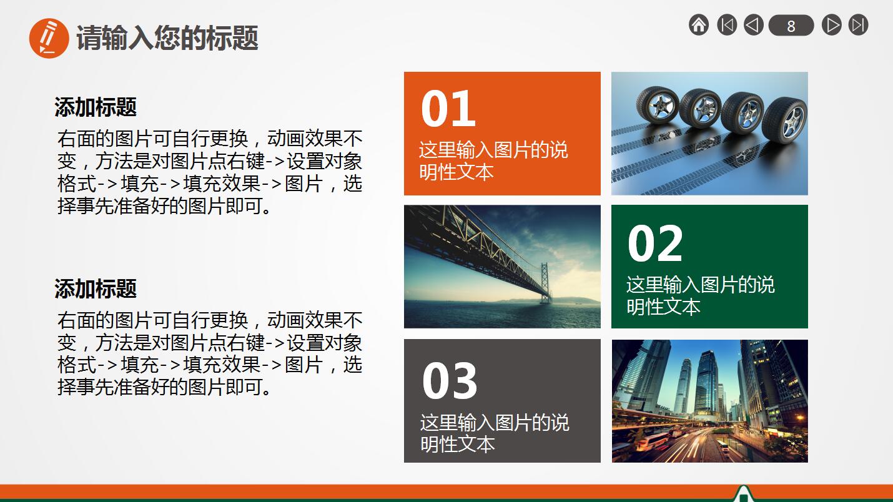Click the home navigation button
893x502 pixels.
tap(699, 25)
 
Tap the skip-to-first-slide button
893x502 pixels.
tap(727, 25)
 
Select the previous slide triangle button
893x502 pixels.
tap(754, 25)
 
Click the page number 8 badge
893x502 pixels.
tap(791, 26)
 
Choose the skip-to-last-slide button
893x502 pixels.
tap(859, 25)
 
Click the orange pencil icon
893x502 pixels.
tap(49, 38)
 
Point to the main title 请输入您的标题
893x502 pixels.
tap(167, 38)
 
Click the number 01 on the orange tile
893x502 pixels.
tap(448, 109)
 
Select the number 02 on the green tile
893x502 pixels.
tap(655, 244)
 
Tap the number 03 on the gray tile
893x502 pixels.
tap(450, 380)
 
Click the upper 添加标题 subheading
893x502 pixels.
tap(96, 107)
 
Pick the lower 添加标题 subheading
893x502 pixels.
tap(96, 289)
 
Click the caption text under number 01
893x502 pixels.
tap(493, 160)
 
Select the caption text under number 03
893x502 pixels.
tap(495, 433)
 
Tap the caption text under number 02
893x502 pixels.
tap(700, 295)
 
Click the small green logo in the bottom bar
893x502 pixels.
tap(743, 494)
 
